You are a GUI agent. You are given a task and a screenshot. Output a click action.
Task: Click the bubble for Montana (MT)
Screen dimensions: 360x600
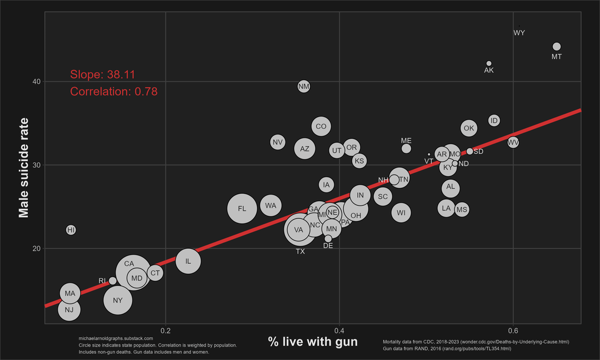tap(557, 47)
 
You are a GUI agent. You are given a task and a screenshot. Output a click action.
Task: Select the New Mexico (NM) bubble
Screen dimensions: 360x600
tap(303, 86)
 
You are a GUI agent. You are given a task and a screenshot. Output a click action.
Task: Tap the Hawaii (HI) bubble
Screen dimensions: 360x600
tap(71, 229)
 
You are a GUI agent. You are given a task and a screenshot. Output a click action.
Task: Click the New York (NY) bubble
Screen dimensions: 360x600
tap(118, 300)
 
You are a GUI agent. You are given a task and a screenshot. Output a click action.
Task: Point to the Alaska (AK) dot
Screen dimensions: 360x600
tap(489, 63)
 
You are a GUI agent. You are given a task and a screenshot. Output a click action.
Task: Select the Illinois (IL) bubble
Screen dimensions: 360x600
tap(188, 261)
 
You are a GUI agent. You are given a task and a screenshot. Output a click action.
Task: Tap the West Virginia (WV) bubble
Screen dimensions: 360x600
tap(513, 143)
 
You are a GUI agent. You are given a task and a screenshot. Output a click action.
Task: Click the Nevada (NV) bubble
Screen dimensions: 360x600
tap(278, 142)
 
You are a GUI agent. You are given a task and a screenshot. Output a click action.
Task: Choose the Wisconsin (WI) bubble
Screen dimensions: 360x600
tap(401, 213)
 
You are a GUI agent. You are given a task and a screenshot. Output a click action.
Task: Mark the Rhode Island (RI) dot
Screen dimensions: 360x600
tap(112, 281)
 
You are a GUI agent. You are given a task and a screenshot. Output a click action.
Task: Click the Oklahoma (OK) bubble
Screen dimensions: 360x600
tap(469, 128)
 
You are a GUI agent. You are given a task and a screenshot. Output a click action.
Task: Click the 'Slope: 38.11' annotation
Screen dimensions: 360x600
tap(103, 75)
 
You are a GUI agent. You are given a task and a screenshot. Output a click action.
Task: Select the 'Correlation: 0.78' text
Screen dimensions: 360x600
tap(114, 92)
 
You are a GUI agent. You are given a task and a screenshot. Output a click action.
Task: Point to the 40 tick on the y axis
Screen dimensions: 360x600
tap(36, 82)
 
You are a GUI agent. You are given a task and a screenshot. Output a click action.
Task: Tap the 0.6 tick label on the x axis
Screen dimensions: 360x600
tap(513, 331)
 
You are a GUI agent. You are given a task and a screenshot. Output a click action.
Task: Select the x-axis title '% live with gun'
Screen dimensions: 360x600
tap(313, 342)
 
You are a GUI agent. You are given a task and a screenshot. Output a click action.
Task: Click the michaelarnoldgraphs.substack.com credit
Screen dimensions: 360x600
tap(116, 338)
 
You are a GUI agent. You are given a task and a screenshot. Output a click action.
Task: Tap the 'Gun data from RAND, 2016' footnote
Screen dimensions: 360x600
tap(447, 348)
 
